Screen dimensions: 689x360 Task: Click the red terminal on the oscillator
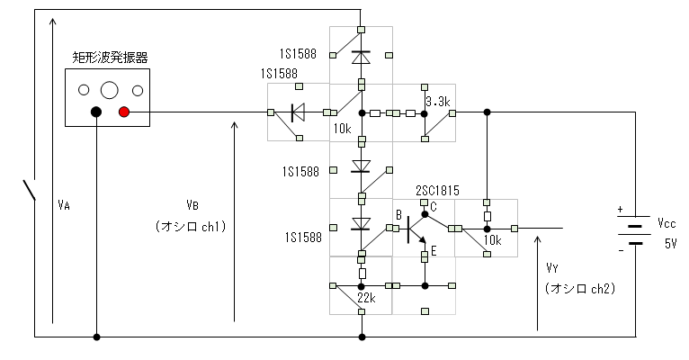pos(124,112)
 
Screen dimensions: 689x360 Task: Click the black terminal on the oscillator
pos(96,112)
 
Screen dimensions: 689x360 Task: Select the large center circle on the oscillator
pos(110,90)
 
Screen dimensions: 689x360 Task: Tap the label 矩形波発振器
pos(110,58)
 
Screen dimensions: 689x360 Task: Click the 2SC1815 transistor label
pos(437,190)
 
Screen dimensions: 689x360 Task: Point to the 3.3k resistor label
pos(438,102)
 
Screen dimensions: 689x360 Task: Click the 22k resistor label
pos(366,298)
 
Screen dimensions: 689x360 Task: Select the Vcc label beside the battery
pos(667,223)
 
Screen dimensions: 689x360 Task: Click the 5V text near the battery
pos(670,243)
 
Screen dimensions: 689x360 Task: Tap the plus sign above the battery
pos(620,209)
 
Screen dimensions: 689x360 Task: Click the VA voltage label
pos(64,205)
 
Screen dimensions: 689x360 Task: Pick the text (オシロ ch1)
pos(191,227)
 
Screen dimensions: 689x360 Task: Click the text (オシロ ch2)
pos(579,288)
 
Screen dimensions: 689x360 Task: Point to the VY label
pos(552,267)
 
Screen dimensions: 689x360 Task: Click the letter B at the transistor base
pos(398,215)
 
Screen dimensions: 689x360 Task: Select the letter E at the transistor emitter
pos(434,251)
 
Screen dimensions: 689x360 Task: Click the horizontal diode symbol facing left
pos(298,112)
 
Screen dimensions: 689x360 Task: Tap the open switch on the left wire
pos(29,190)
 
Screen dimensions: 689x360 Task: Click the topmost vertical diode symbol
pos(361,57)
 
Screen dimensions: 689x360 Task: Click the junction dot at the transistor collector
pos(425,214)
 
